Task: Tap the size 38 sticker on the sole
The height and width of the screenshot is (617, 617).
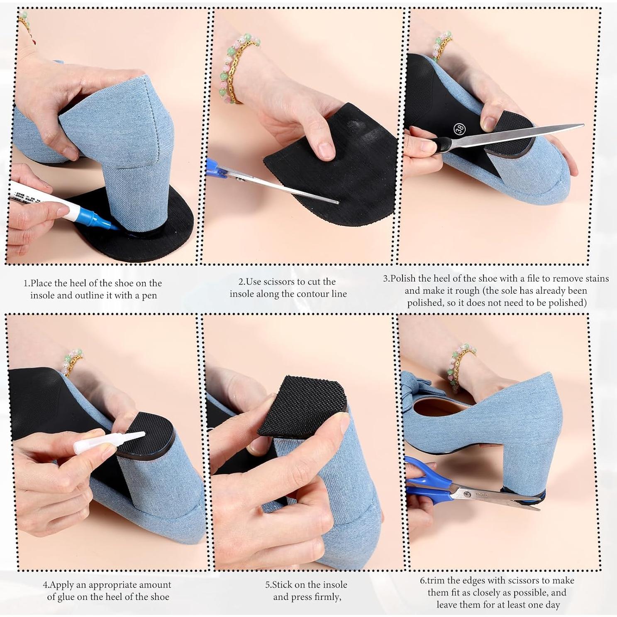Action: tap(460, 129)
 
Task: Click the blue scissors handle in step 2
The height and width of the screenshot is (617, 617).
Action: tap(214, 170)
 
